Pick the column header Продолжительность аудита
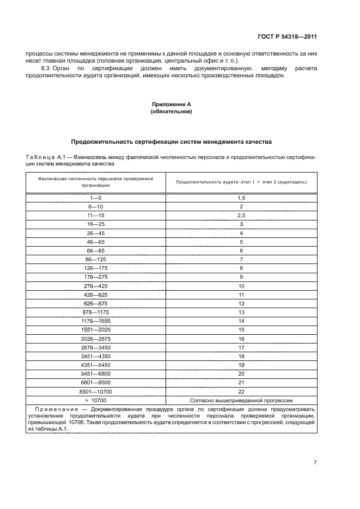point(241,181)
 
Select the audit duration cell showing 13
point(241,311)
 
